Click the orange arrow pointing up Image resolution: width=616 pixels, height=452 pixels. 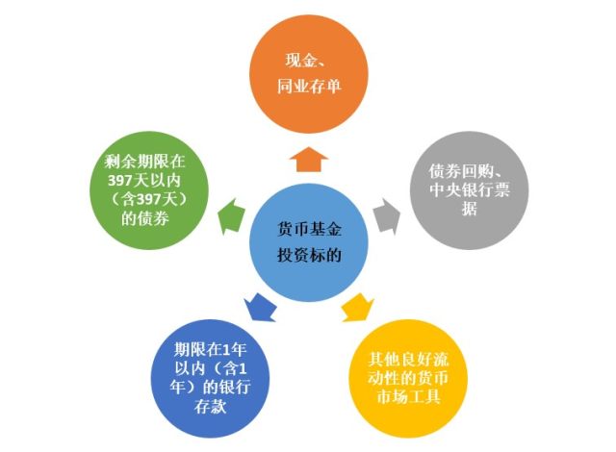308,160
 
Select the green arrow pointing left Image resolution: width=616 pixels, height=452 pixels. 231,216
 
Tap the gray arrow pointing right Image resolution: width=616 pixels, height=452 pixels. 387,216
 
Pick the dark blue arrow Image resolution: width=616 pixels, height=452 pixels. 259,307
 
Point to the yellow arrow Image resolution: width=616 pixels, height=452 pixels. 357,307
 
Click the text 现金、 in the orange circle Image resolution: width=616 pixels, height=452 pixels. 307,61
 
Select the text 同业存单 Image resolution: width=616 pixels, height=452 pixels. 309,86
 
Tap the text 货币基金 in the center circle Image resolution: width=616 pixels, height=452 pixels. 309,229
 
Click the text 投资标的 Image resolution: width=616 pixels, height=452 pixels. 309,255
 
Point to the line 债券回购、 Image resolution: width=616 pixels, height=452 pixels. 469,171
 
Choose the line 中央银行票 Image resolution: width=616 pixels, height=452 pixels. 469,189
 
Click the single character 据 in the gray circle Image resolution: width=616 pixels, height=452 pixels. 470,209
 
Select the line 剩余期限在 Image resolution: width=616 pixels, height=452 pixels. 144,162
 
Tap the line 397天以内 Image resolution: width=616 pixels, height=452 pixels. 144,180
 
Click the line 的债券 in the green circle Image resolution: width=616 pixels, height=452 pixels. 145,218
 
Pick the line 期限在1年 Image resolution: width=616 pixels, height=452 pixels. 210,349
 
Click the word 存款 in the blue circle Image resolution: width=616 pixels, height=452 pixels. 210,407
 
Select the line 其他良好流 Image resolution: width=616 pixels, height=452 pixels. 408,360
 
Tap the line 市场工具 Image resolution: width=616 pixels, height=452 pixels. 408,396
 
